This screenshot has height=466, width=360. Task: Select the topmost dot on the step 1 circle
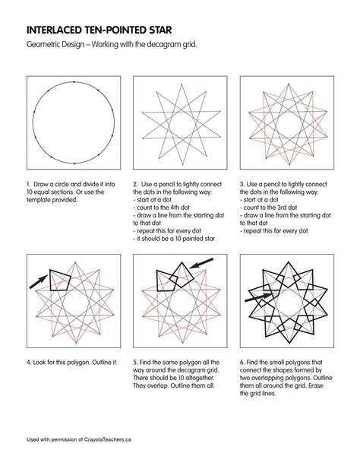coord(74,82)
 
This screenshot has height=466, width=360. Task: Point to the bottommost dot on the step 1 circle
coord(74,163)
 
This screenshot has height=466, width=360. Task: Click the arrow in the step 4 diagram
coord(38,281)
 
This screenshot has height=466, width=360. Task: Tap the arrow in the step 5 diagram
coord(201,263)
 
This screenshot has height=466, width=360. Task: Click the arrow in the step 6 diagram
coord(258,297)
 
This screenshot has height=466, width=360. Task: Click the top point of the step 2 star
coord(182,84)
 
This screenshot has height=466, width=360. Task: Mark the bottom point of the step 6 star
coord(289,343)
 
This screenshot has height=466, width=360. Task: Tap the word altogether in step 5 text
coord(200,378)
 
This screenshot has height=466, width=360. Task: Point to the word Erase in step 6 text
coord(316,385)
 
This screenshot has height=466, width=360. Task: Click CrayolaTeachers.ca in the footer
coord(108,439)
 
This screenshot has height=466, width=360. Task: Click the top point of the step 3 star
coord(289,84)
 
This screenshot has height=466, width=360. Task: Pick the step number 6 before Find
coord(242,363)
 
